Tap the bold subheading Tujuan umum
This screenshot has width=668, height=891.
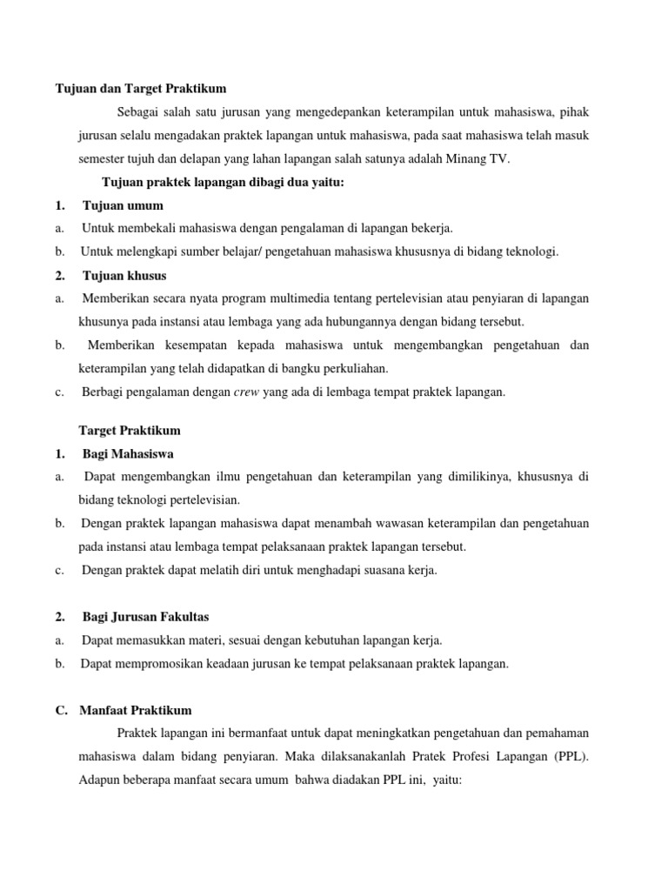tap(123, 205)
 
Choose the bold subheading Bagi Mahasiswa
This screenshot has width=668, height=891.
tap(128, 453)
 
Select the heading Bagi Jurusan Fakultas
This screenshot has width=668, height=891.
tap(145, 617)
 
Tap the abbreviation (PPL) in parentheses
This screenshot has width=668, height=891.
tap(569, 756)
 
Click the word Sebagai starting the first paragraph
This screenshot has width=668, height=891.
tap(139, 112)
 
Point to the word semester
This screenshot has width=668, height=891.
tap(103, 158)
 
